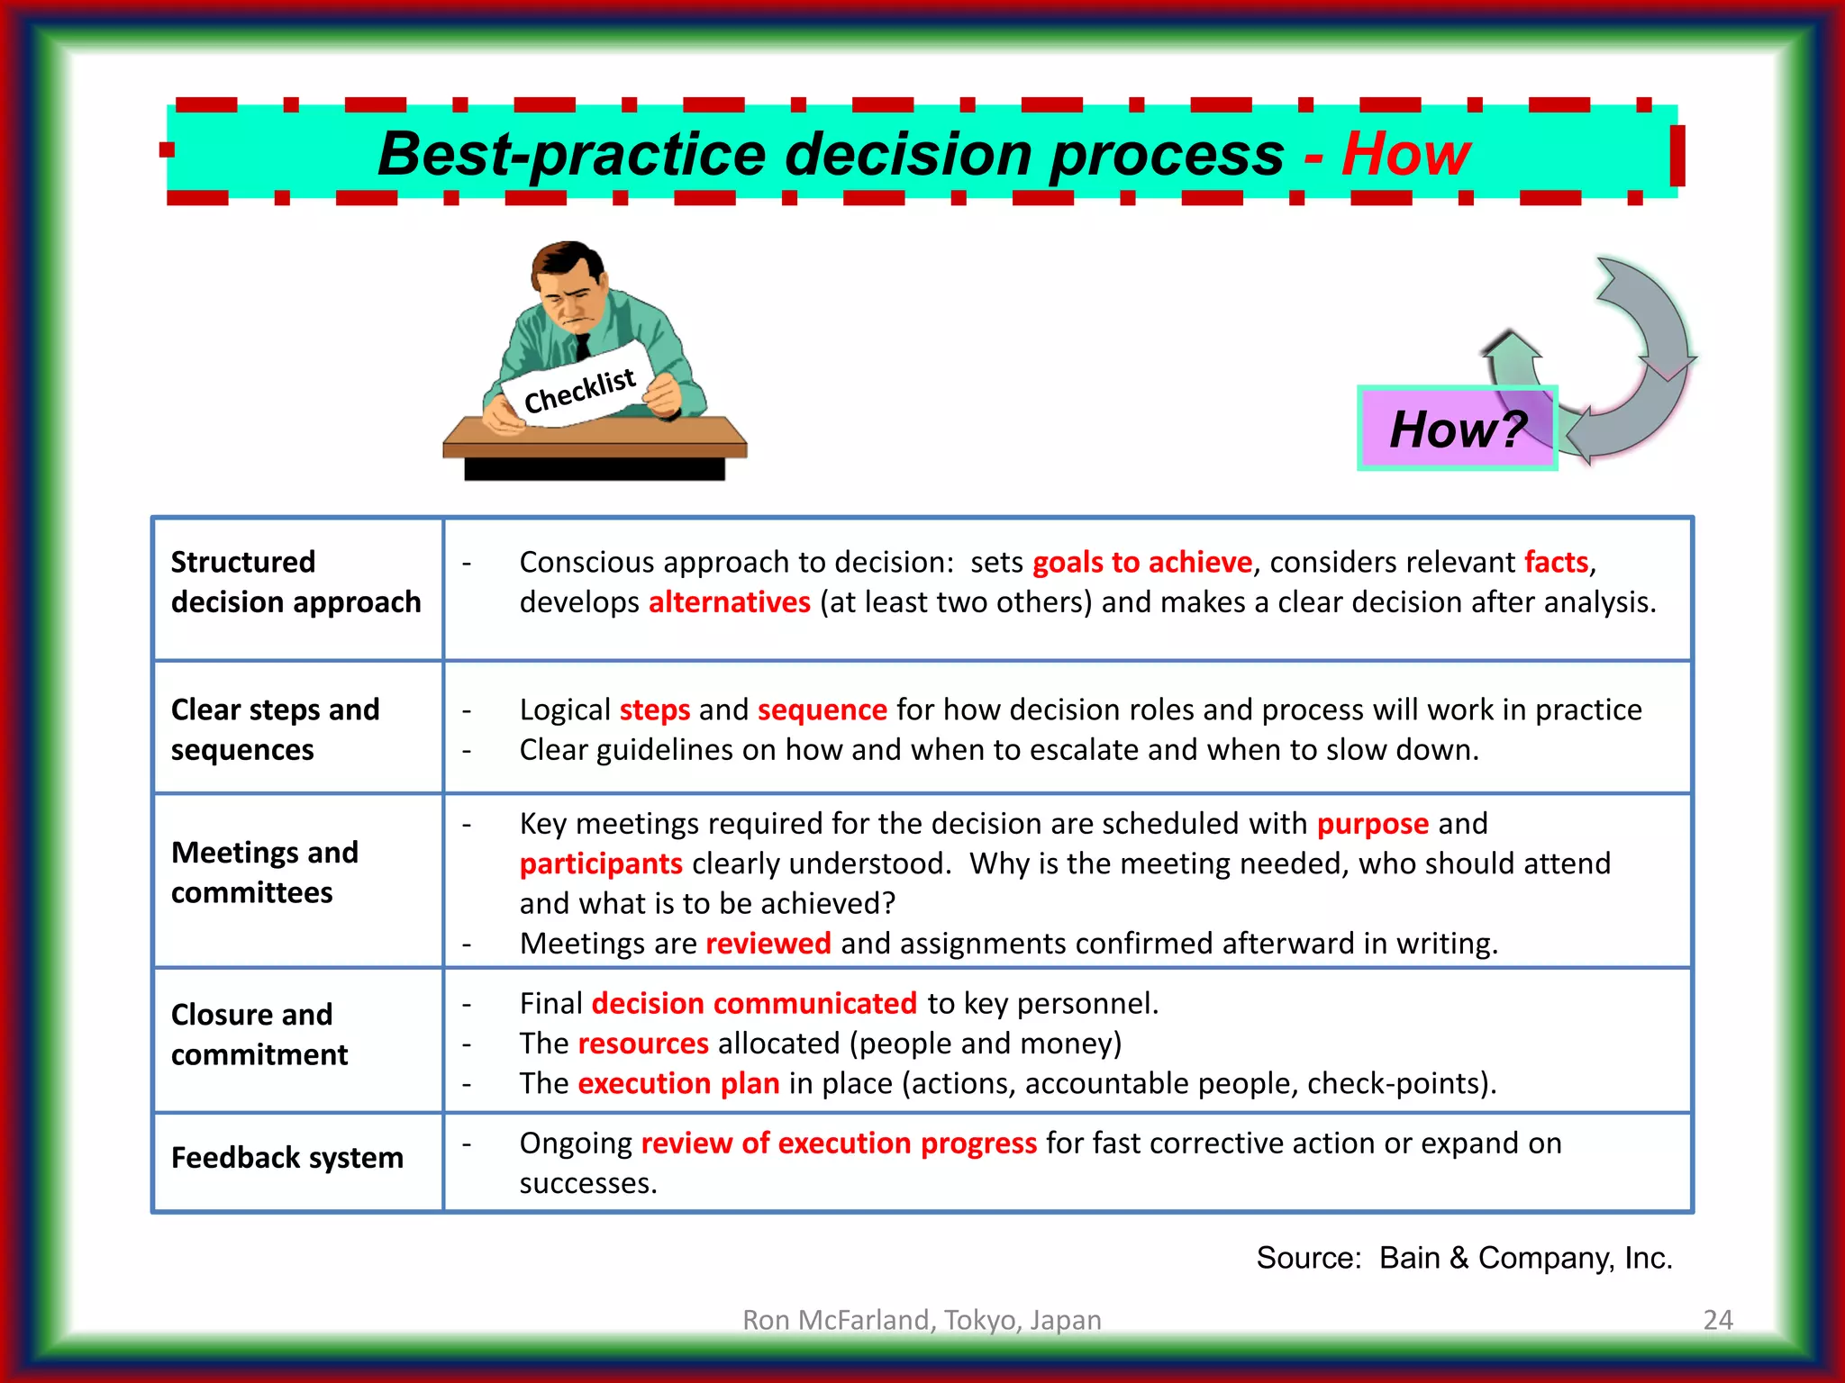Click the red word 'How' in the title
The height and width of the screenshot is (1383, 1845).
point(1405,154)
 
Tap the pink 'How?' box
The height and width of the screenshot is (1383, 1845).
point(1457,429)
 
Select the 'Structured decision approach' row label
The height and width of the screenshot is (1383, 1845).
point(295,582)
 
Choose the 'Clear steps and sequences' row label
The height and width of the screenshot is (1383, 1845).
point(275,729)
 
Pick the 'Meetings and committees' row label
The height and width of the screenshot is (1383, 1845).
point(264,872)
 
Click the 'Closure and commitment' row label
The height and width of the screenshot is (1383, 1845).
point(259,1034)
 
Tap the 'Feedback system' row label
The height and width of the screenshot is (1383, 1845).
point(286,1157)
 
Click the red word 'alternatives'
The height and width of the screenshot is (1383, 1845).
point(729,601)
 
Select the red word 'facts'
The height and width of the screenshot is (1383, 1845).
point(1556,562)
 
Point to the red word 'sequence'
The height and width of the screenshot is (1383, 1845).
point(822,710)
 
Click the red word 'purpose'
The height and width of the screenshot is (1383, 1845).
point(1372,824)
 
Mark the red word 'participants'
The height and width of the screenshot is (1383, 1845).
point(601,863)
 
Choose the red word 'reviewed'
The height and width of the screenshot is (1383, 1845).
point(768,943)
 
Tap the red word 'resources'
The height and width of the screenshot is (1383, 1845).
point(643,1043)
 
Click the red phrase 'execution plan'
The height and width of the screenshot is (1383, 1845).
point(678,1082)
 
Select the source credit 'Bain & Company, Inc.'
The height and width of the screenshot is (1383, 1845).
point(1525,1257)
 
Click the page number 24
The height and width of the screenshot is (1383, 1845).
point(1717,1319)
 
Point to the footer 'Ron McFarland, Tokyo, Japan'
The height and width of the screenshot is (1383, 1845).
point(922,1319)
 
